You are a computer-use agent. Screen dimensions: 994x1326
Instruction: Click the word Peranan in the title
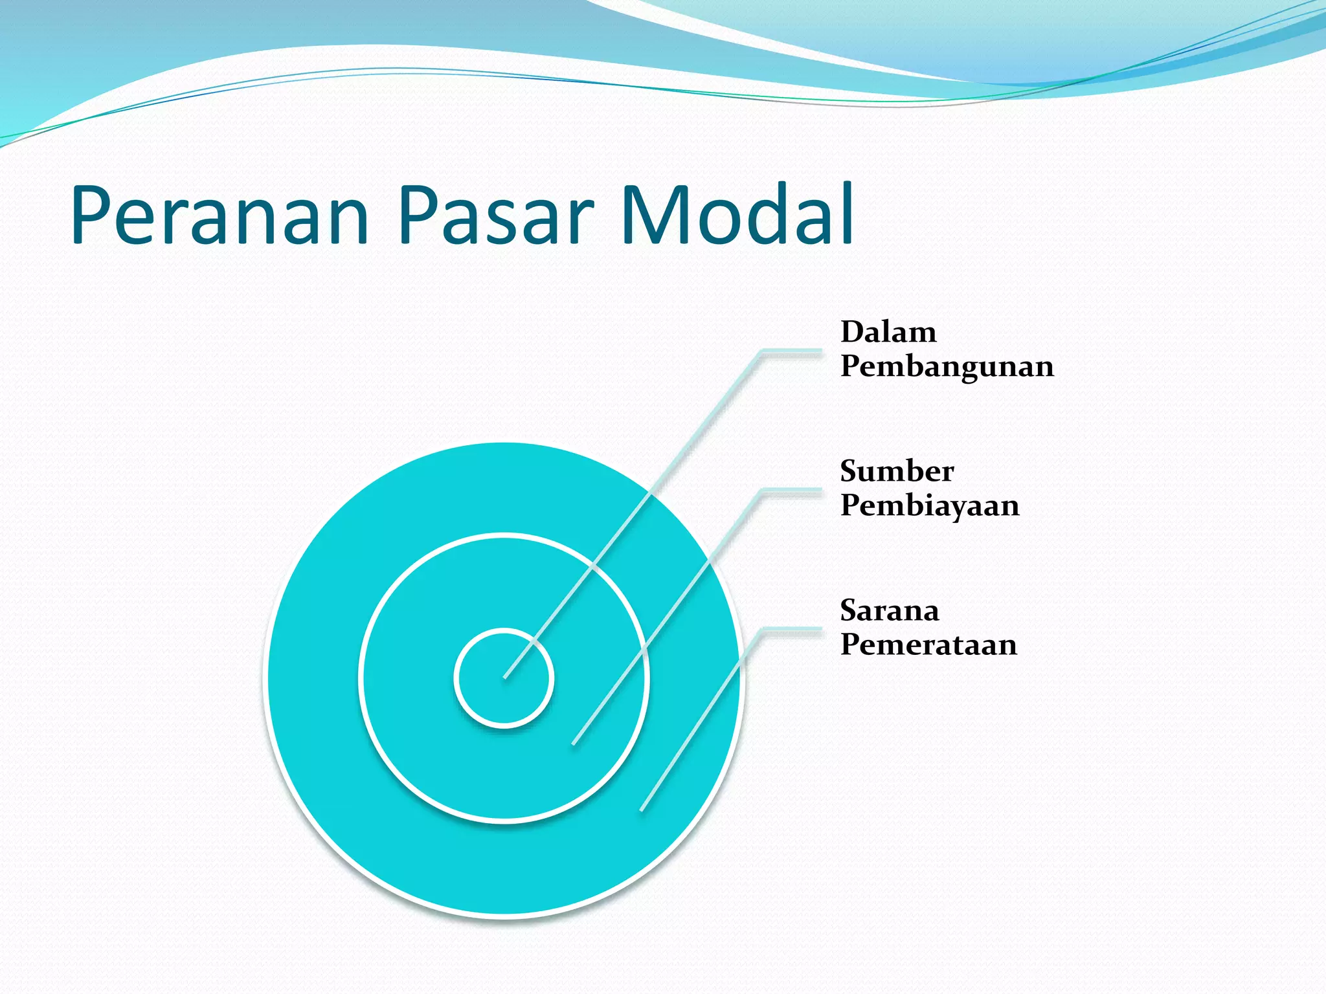click(x=220, y=215)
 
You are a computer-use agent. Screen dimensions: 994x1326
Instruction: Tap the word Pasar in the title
click(x=495, y=215)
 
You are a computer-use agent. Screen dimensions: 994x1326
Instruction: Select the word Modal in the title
click(x=737, y=215)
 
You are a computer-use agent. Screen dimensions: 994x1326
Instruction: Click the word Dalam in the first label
click(x=888, y=332)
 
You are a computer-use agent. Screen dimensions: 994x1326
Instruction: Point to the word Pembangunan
click(x=947, y=367)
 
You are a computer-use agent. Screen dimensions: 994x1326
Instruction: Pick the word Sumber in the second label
click(x=897, y=471)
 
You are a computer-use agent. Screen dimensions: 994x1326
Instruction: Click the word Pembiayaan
click(x=930, y=505)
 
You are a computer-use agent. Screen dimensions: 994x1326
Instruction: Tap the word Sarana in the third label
click(x=889, y=610)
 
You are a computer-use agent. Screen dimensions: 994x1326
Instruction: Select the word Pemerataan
click(x=928, y=645)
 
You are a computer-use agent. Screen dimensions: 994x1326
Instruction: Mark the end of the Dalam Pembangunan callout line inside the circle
click(x=505, y=678)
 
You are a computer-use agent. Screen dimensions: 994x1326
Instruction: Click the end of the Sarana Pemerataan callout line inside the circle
click(x=642, y=810)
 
